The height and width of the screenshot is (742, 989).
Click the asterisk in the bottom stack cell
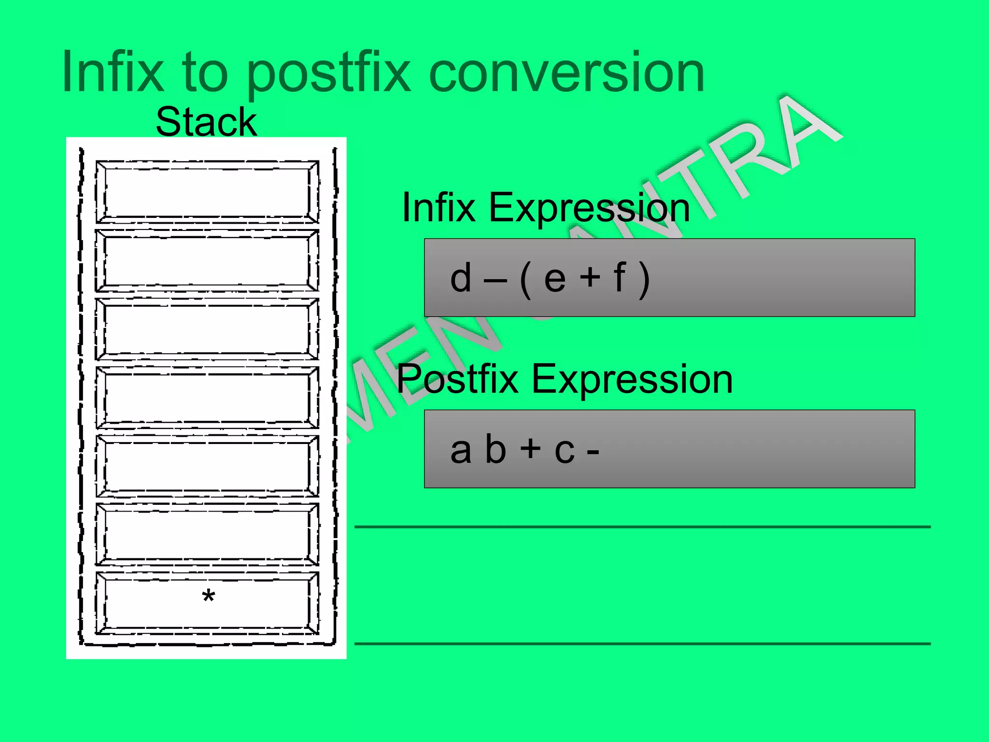tap(208, 597)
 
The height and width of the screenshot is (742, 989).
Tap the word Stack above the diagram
tap(206, 122)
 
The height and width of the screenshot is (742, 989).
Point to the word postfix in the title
tap(328, 75)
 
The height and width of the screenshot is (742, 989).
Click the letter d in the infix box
tap(460, 278)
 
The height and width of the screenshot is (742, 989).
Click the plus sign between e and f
tap(590, 278)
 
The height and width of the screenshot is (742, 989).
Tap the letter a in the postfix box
tap(460, 450)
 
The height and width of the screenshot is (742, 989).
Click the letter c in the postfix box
tap(565, 451)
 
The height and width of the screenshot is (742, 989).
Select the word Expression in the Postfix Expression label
tap(632, 380)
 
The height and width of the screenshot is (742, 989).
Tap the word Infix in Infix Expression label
tap(438, 208)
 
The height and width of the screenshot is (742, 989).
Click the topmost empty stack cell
tap(207, 191)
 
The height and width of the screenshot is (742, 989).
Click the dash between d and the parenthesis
tap(495, 280)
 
